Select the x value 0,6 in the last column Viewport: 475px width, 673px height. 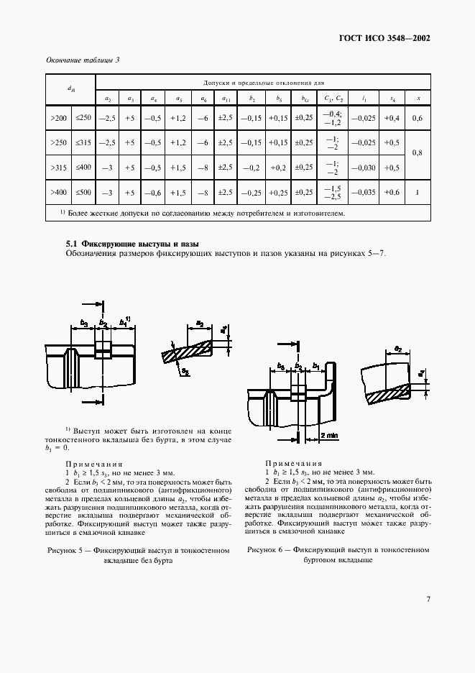point(418,118)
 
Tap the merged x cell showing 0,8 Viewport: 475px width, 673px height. point(418,154)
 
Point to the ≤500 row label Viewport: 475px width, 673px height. point(83,193)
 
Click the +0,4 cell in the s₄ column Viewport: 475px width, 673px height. point(392,118)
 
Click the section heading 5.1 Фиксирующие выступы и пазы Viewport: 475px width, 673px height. point(132,244)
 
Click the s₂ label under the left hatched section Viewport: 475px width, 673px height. point(185,372)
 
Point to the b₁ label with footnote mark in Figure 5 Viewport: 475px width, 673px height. point(123,322)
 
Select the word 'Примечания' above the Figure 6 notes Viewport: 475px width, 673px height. point(293,464)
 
